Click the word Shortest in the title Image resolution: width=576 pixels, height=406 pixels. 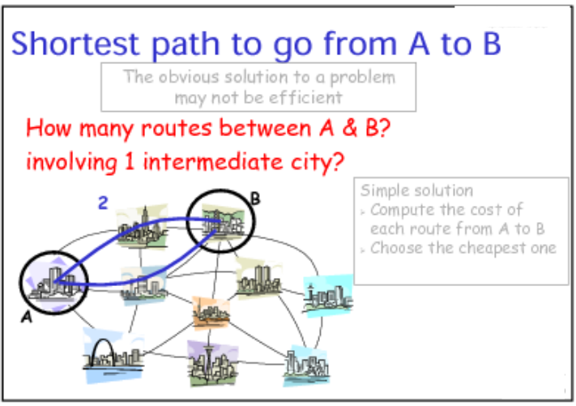point(75,44)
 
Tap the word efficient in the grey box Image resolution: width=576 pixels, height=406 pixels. point(305,98)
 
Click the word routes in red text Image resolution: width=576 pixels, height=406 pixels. point(177,128)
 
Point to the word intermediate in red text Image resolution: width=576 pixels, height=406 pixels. point(213,161)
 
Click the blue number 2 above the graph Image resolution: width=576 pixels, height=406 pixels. point(103,203)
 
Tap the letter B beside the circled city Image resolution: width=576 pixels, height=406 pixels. point(255,199)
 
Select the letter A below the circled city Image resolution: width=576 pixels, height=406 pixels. point(27,317)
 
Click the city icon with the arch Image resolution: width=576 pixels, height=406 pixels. point(113,356)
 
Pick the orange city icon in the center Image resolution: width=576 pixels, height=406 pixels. point(211,313)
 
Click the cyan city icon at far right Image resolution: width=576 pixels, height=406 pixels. point(328,296)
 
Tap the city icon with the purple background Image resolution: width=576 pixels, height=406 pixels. point(212,363)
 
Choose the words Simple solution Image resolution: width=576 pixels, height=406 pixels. point(416,190)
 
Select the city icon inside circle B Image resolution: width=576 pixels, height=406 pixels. point(221,221)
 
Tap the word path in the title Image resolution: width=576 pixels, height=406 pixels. point(186,45)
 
